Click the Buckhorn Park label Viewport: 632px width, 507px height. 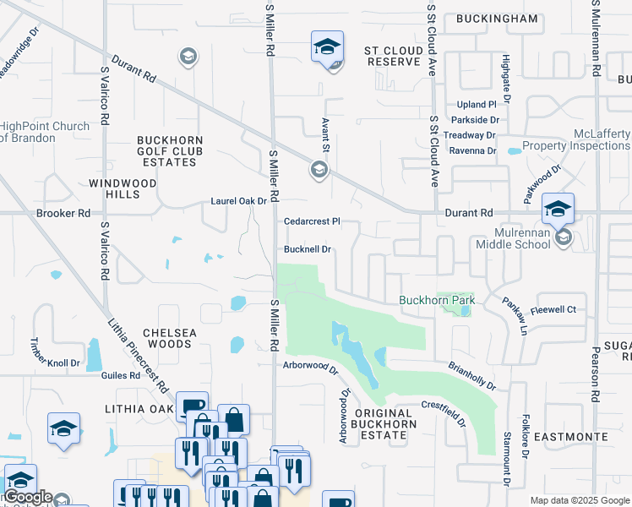437,300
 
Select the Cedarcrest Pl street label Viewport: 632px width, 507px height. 312,221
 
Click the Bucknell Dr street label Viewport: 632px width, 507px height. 308,250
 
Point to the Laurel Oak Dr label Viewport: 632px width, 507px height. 238,201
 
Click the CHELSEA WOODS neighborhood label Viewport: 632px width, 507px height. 169,338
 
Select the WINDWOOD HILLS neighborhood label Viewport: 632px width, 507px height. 123,188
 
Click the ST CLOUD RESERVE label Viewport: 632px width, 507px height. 393,57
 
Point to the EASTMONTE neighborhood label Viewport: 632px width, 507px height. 570,437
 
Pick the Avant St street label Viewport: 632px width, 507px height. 324,132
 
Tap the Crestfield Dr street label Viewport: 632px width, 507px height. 444,413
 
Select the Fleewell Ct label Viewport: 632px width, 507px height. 553,310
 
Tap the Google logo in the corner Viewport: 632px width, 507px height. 27,498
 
